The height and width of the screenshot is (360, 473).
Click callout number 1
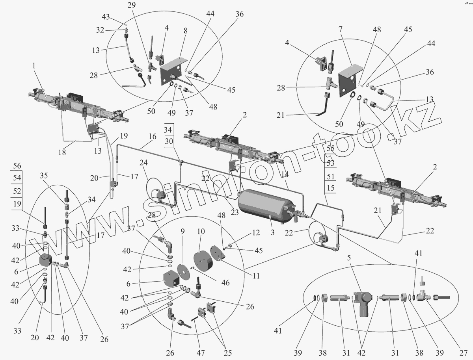(34, 66)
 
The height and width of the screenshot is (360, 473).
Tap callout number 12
(256, 233)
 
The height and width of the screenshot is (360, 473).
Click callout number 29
(130, 5)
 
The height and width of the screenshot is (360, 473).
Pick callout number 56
(17, 166)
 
